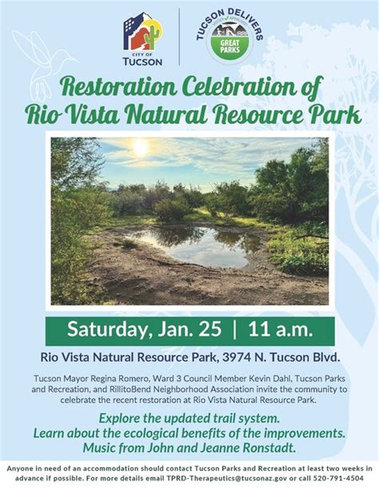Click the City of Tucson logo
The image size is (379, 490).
(x=142, y=38)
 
